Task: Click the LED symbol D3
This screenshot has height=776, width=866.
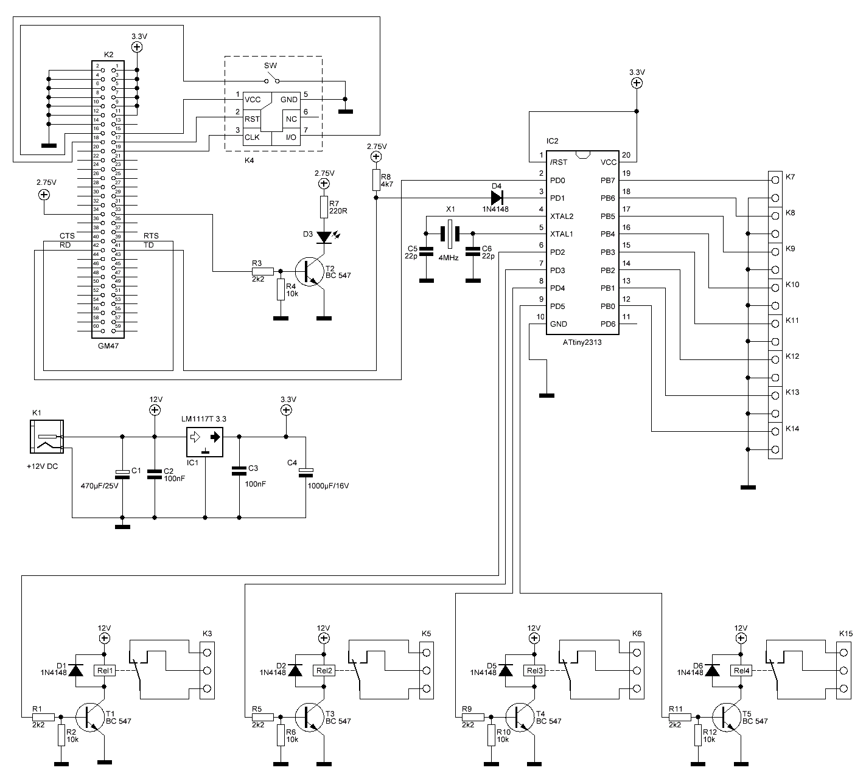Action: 324,235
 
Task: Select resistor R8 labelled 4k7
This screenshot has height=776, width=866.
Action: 377,181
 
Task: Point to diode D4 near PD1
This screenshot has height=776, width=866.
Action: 497,198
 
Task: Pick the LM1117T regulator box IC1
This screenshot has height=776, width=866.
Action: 205,442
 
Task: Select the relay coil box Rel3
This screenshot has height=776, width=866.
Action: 534,671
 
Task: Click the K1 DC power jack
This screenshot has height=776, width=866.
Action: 46,437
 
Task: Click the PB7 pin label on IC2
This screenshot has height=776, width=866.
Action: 608,181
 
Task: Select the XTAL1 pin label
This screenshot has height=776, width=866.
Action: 561,234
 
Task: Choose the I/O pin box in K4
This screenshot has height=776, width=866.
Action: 291,137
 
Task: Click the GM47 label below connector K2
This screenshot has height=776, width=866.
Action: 108,344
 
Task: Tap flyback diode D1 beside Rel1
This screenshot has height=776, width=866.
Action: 76,670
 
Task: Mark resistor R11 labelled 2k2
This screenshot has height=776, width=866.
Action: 682,717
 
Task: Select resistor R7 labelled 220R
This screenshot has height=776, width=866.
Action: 324,207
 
